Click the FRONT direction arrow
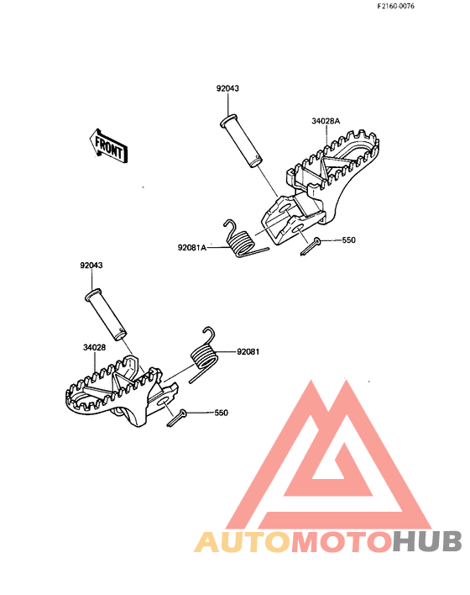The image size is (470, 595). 108,146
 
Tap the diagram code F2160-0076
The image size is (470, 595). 395,6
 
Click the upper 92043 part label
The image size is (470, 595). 227,88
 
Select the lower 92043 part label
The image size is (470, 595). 91,265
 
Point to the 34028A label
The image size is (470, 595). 326,121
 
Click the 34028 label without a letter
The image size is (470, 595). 94,347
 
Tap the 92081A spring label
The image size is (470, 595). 192,247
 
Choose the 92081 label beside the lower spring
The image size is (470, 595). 248,352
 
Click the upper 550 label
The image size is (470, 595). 348,240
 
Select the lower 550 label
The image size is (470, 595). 222,413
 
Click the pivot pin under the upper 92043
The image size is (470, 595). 241,141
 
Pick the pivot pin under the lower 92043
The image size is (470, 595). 106,314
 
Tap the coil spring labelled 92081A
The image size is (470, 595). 242,240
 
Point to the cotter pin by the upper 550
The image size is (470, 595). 311,246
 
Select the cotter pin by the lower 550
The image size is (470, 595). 176,418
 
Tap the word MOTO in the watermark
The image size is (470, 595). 341,541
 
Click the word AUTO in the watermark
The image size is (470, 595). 243,541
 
